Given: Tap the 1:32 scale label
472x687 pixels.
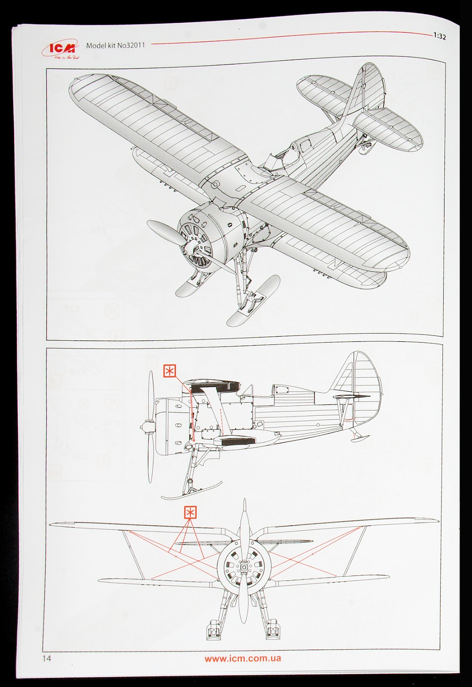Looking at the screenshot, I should pos(439,37).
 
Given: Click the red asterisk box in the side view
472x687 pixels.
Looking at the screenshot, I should pos(170,371).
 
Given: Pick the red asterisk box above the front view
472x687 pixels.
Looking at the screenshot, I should pos(190,512).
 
